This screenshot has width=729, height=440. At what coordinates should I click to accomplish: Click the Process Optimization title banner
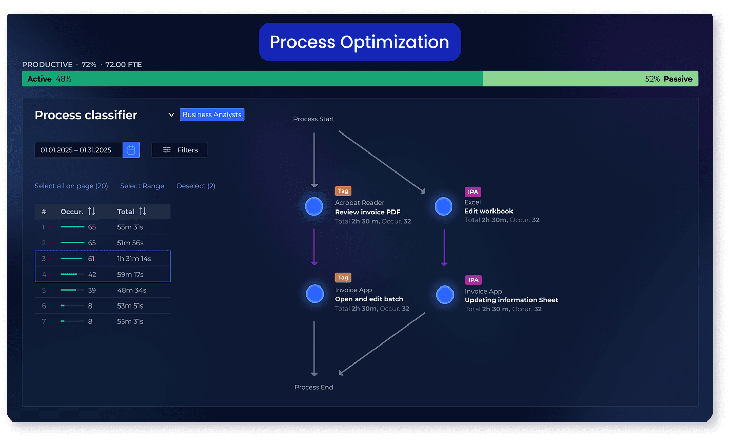pos(359,42)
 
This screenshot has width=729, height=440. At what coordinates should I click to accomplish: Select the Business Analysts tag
pos(211,114)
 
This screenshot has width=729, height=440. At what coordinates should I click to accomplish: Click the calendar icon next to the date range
pos(131,150)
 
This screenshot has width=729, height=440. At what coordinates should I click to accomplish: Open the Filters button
pos(180,150)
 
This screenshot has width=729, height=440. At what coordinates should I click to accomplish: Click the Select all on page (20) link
pos(71,186)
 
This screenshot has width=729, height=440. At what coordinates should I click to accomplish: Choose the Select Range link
pos(142,186)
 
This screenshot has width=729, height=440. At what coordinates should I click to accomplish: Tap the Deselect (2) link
pos(196,186)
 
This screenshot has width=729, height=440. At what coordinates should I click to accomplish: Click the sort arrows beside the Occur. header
pos(91,212)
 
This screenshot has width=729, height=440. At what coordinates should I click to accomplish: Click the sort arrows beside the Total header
pos(143,212)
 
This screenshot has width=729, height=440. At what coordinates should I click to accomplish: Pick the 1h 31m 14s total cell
pos(134,259)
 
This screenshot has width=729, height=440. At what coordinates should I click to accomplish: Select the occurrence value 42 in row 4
pos(92,274)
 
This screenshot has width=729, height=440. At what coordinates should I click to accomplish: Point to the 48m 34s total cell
pos(132,290)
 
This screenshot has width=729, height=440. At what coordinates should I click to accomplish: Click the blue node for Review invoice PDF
pos(314,206)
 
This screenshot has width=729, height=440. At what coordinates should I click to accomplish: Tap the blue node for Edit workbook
pos(444,206)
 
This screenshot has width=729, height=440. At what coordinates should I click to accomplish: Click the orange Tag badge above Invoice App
pos(343,278)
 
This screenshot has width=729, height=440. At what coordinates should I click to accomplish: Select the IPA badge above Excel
pos(473,192)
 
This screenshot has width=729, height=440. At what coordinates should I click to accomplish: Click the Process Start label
pos(313,119)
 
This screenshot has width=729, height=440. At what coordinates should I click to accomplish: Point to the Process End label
pos(313,387)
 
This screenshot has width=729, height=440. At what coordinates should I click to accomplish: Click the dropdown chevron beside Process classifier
pos(171,115)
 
